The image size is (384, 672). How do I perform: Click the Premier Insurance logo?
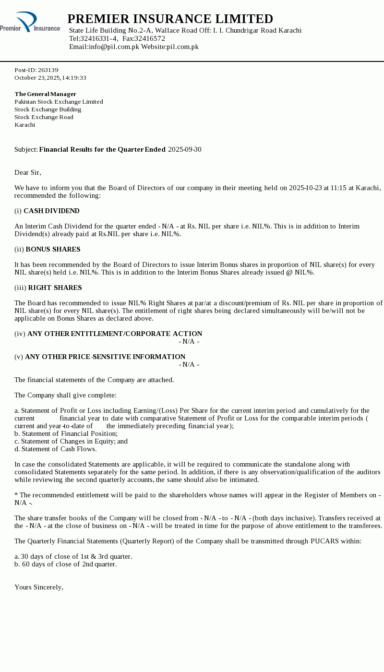click(x=30, y=22)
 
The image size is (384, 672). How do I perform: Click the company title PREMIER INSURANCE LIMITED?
click(x=170, y=19)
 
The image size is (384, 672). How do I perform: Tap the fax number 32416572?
click(x=150, y=38)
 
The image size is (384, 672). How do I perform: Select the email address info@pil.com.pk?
click(x=114, y=47)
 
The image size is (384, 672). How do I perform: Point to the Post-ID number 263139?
click(x=48, y=70)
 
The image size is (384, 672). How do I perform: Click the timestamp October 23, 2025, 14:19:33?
click(x=50, y=78)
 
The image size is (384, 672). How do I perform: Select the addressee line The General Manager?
click(x=45, y=94)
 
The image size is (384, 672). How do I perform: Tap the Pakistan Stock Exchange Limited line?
click(x=59, y=102)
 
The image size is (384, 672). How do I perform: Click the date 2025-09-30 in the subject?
click(x=185, y=149)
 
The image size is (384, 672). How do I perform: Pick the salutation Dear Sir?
click(x=28, y=172)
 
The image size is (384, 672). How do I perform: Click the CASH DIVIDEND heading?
click(x=51, y=211)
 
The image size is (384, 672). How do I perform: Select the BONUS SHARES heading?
click(x=53, y=249)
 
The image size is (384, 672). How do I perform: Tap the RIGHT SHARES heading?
click(x=55, y=288)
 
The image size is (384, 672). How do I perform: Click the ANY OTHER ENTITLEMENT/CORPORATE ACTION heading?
click(x=115, y=334)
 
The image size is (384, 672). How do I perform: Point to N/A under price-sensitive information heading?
click(x=189, y=364)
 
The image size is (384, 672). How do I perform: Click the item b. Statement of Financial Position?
click(x=66, y=433)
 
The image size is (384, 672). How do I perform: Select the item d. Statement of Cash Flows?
click(x=55, y=449)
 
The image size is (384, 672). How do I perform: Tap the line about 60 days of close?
click(x=65, y=564)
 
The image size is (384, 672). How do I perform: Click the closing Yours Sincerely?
click(x=39, y=587)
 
